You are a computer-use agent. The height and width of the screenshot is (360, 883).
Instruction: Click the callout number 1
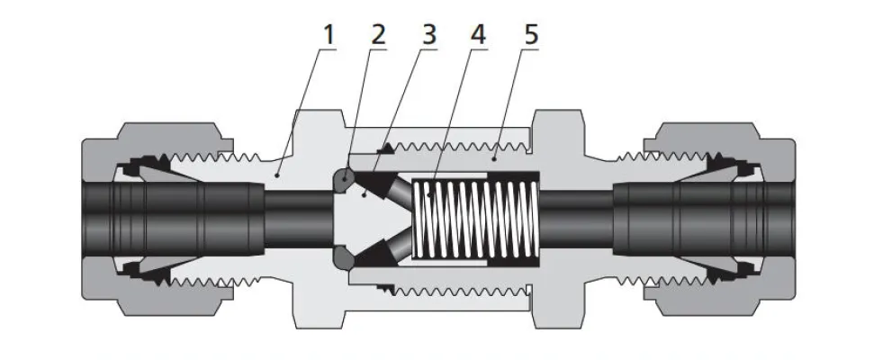pos(329,36)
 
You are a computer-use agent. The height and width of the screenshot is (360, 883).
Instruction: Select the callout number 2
pos(377,36)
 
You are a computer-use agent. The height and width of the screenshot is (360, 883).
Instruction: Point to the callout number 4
pos(479,36)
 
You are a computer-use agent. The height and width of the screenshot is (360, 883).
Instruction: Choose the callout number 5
pos(530,36)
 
